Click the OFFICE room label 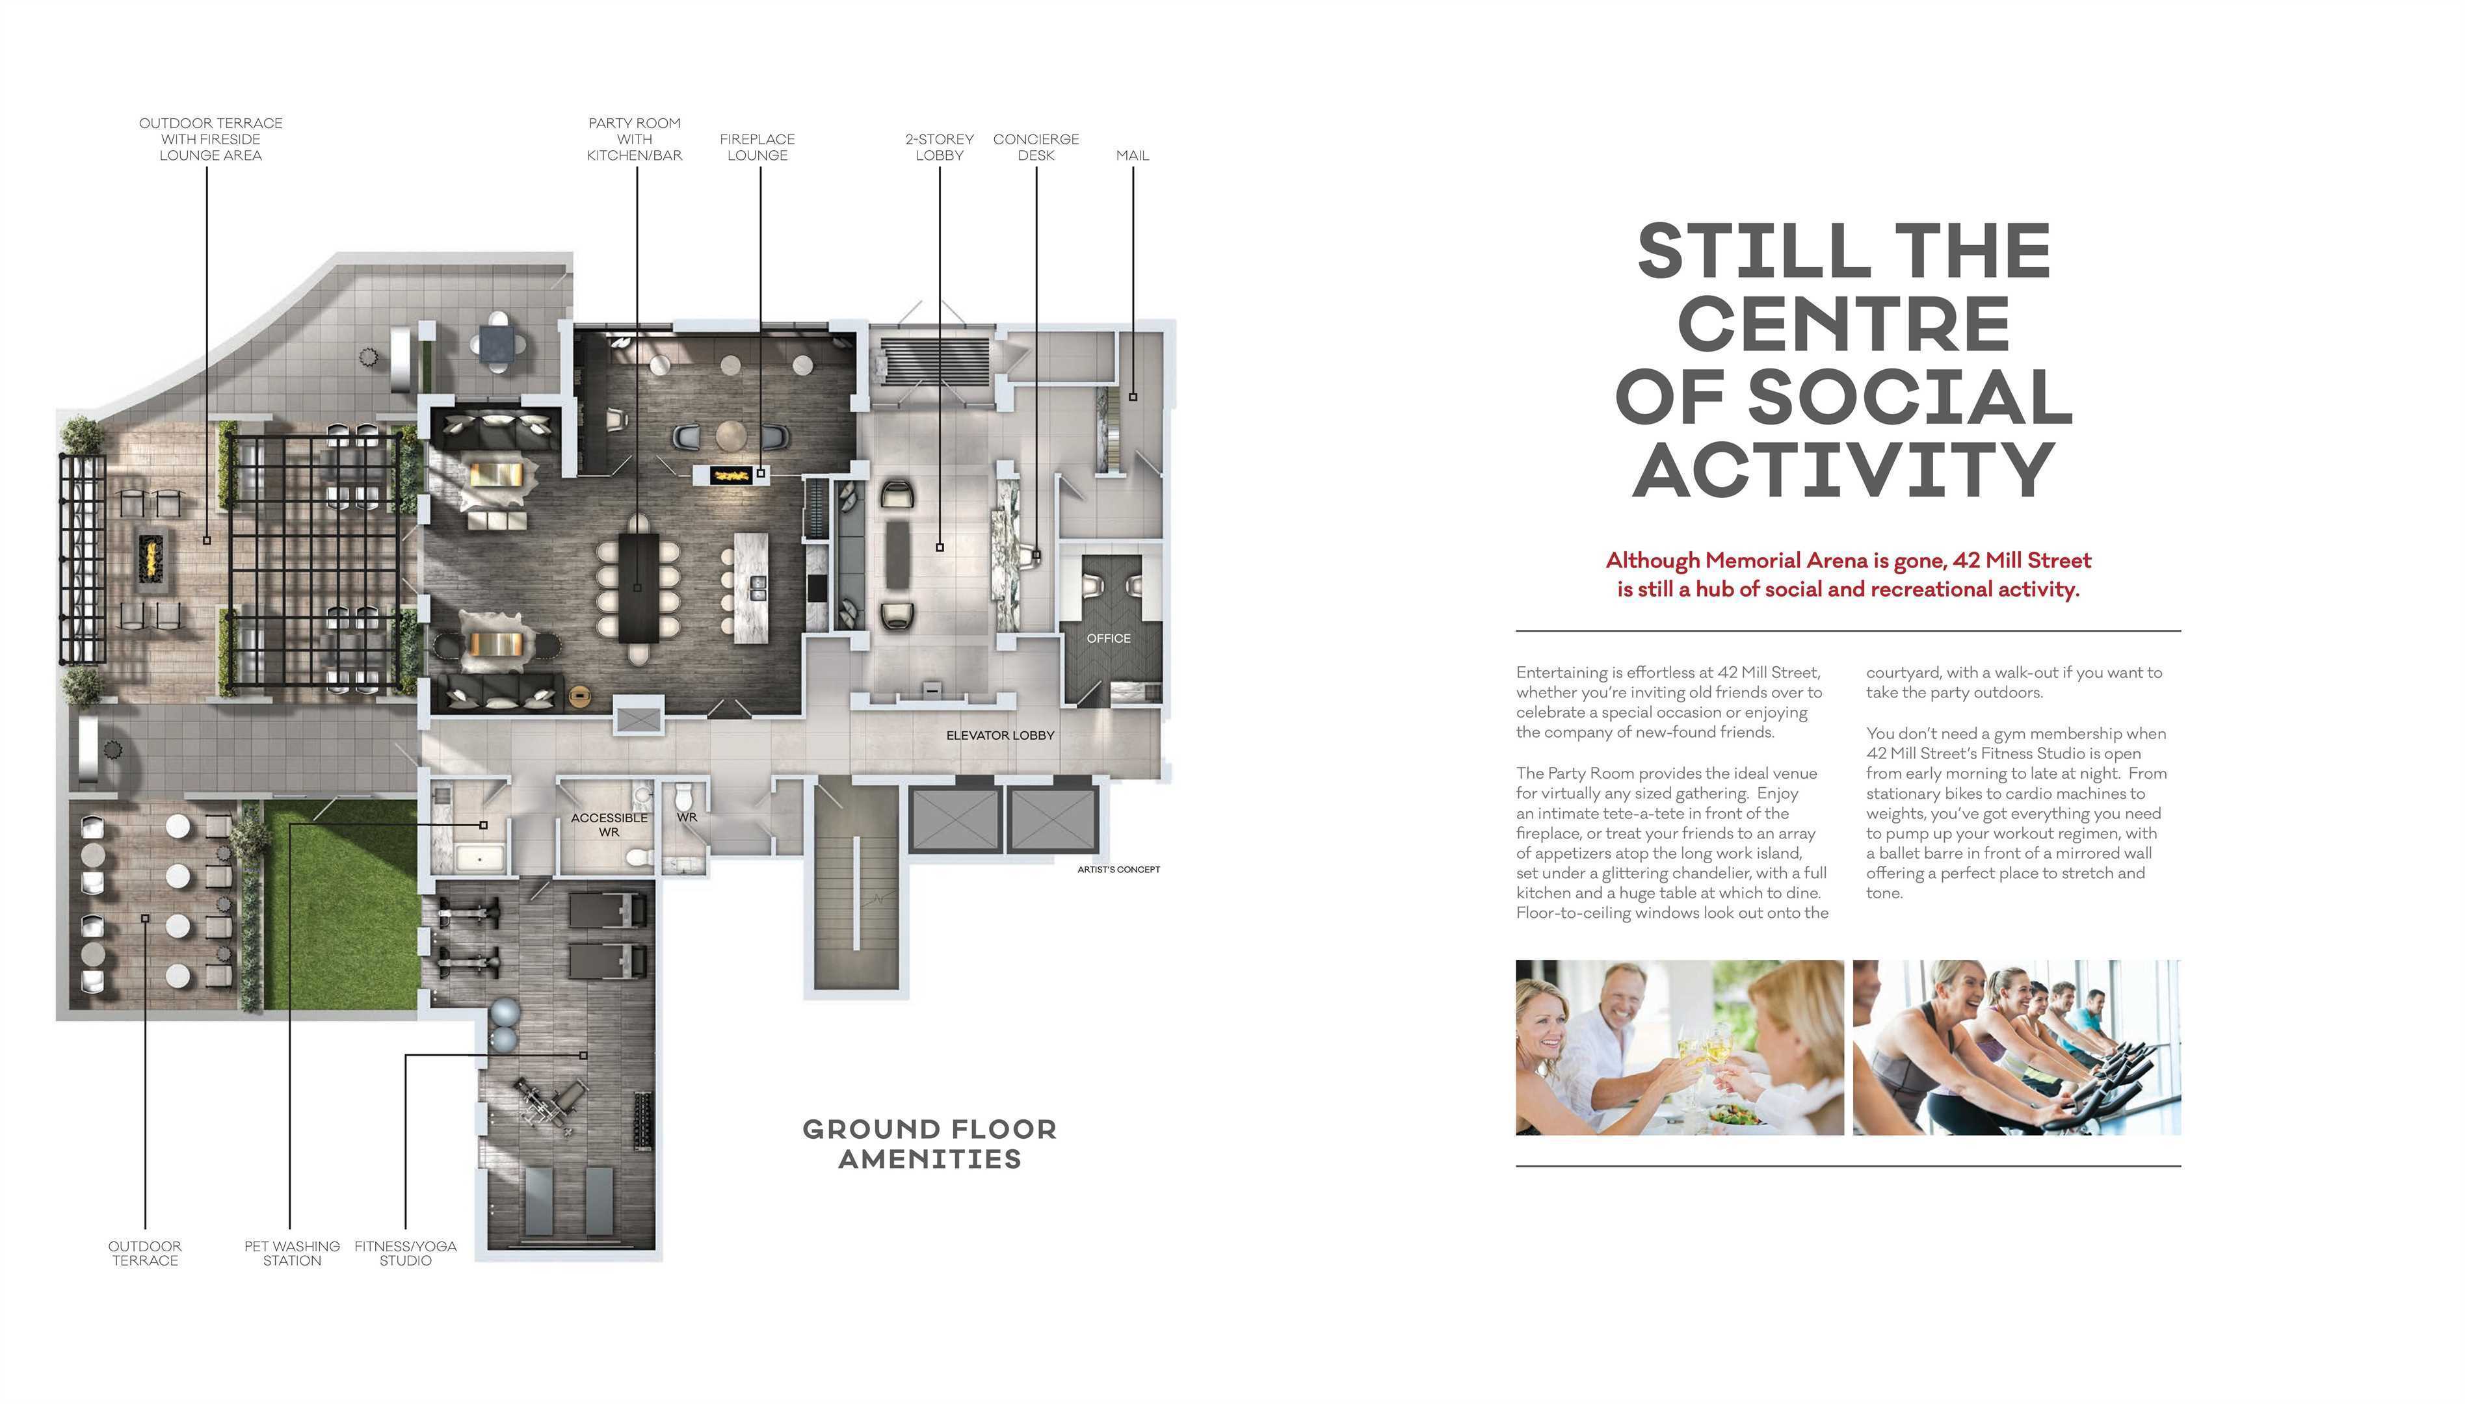(1108, 638)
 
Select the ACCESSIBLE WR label (609, 824)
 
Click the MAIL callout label (1132, 155)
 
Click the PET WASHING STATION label (292, 1254)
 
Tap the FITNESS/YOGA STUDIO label (405, 1254)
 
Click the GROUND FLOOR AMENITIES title (930, 1143)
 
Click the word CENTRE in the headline (1844, 324)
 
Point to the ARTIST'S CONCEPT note (1118, 870)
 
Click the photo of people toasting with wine (1679, 1047)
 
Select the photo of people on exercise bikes (2016, 1047)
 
